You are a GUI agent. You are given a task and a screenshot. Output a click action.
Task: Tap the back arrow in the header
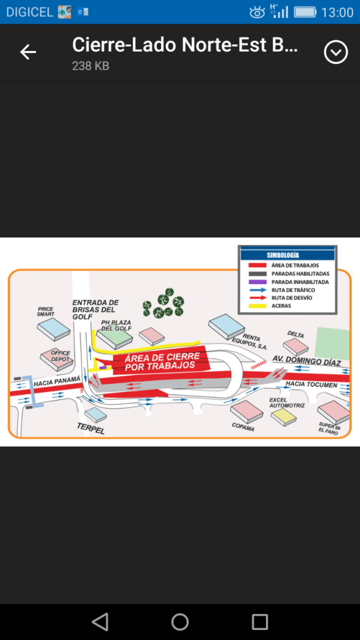28,52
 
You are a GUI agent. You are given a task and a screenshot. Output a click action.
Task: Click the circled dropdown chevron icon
336,52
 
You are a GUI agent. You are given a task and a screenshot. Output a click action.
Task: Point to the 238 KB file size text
91,66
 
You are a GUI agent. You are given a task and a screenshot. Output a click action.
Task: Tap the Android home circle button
180,622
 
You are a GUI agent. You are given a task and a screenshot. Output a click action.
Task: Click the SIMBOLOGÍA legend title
283,255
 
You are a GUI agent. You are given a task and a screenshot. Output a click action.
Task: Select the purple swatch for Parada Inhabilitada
257,281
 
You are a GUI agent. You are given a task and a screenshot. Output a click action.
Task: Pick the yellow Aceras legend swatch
257,306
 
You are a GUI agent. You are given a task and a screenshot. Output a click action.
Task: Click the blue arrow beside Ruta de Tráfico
257,290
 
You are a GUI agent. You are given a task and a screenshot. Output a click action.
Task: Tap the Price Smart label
45,311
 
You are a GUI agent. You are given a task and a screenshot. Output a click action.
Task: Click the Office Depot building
57,359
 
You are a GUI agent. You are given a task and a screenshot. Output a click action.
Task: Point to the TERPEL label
91,428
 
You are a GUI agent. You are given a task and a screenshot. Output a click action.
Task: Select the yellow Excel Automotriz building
284,417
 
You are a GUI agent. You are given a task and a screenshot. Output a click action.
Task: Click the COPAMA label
243,427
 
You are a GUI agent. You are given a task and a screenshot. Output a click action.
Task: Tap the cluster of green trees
163,303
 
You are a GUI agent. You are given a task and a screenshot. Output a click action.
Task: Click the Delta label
295,335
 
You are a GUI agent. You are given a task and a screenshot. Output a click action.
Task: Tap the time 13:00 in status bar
337,12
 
